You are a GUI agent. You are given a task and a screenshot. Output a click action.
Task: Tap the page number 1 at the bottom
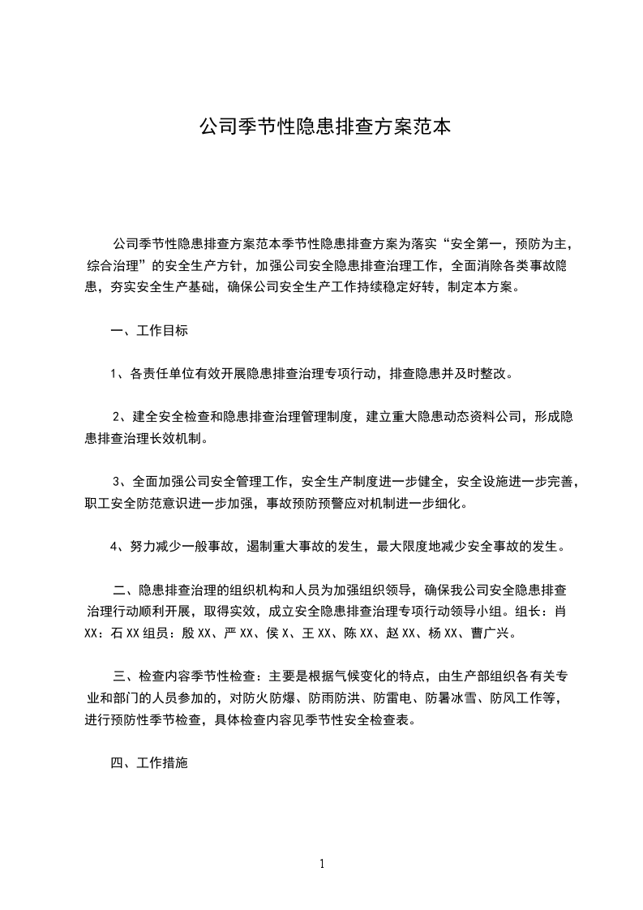322,864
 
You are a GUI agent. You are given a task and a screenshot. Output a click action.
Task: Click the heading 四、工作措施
149,763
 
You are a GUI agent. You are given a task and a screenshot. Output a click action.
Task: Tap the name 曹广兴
491,632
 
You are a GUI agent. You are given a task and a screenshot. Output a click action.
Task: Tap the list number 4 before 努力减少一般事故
114,546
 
